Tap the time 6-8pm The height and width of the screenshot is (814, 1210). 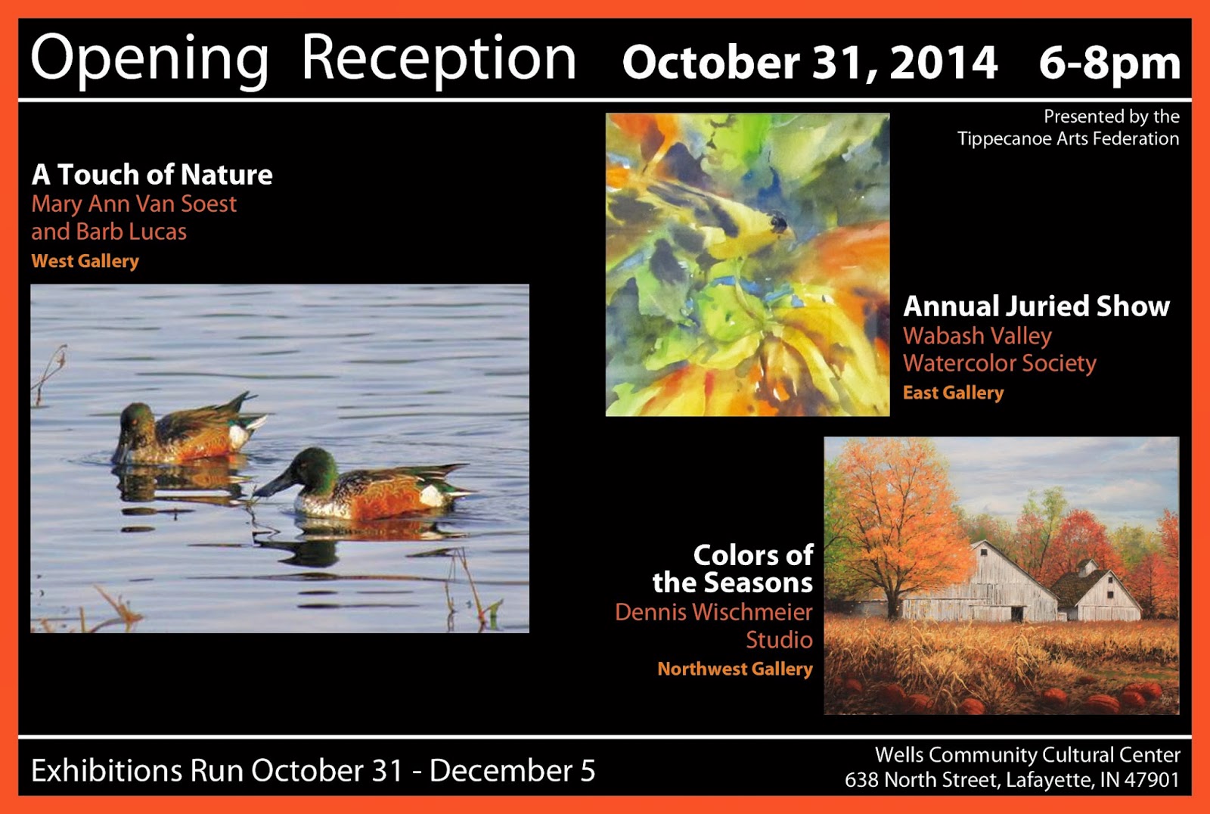coord(1109,64)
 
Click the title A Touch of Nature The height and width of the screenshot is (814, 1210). coord(152,175)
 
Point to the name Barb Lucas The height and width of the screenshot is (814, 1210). coord(132,231)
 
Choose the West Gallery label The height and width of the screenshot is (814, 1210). coord(85,262)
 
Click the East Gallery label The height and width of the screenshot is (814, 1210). coord(953,393)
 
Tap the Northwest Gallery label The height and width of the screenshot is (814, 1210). coord(734,670)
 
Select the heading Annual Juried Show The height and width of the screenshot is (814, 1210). coord(1036,306)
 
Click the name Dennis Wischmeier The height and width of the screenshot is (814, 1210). coord(714,613)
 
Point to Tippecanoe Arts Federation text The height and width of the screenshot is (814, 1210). coord(1068,139)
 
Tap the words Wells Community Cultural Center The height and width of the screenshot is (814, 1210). coord(1028,755)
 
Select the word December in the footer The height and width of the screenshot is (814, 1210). coord(502,770)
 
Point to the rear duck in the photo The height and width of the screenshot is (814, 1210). coord(186,430)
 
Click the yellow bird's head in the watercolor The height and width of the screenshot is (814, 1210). coord(778,222)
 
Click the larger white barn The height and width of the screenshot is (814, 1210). coord(980,584)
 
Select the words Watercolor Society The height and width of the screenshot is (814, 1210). coord(999,363)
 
